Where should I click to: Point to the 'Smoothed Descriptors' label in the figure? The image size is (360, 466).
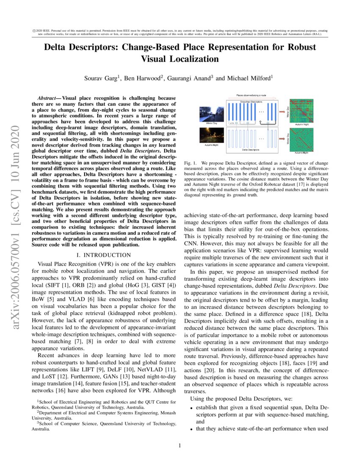coord(252,102)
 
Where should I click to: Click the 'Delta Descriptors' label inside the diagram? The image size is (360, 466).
coord(252,150)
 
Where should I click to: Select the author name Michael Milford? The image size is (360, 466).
coord(240,78)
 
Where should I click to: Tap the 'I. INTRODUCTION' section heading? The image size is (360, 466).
coord(103,255)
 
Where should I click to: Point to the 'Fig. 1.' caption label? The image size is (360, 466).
coord(191,163)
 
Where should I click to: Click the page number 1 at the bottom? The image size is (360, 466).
coord(180,445)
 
